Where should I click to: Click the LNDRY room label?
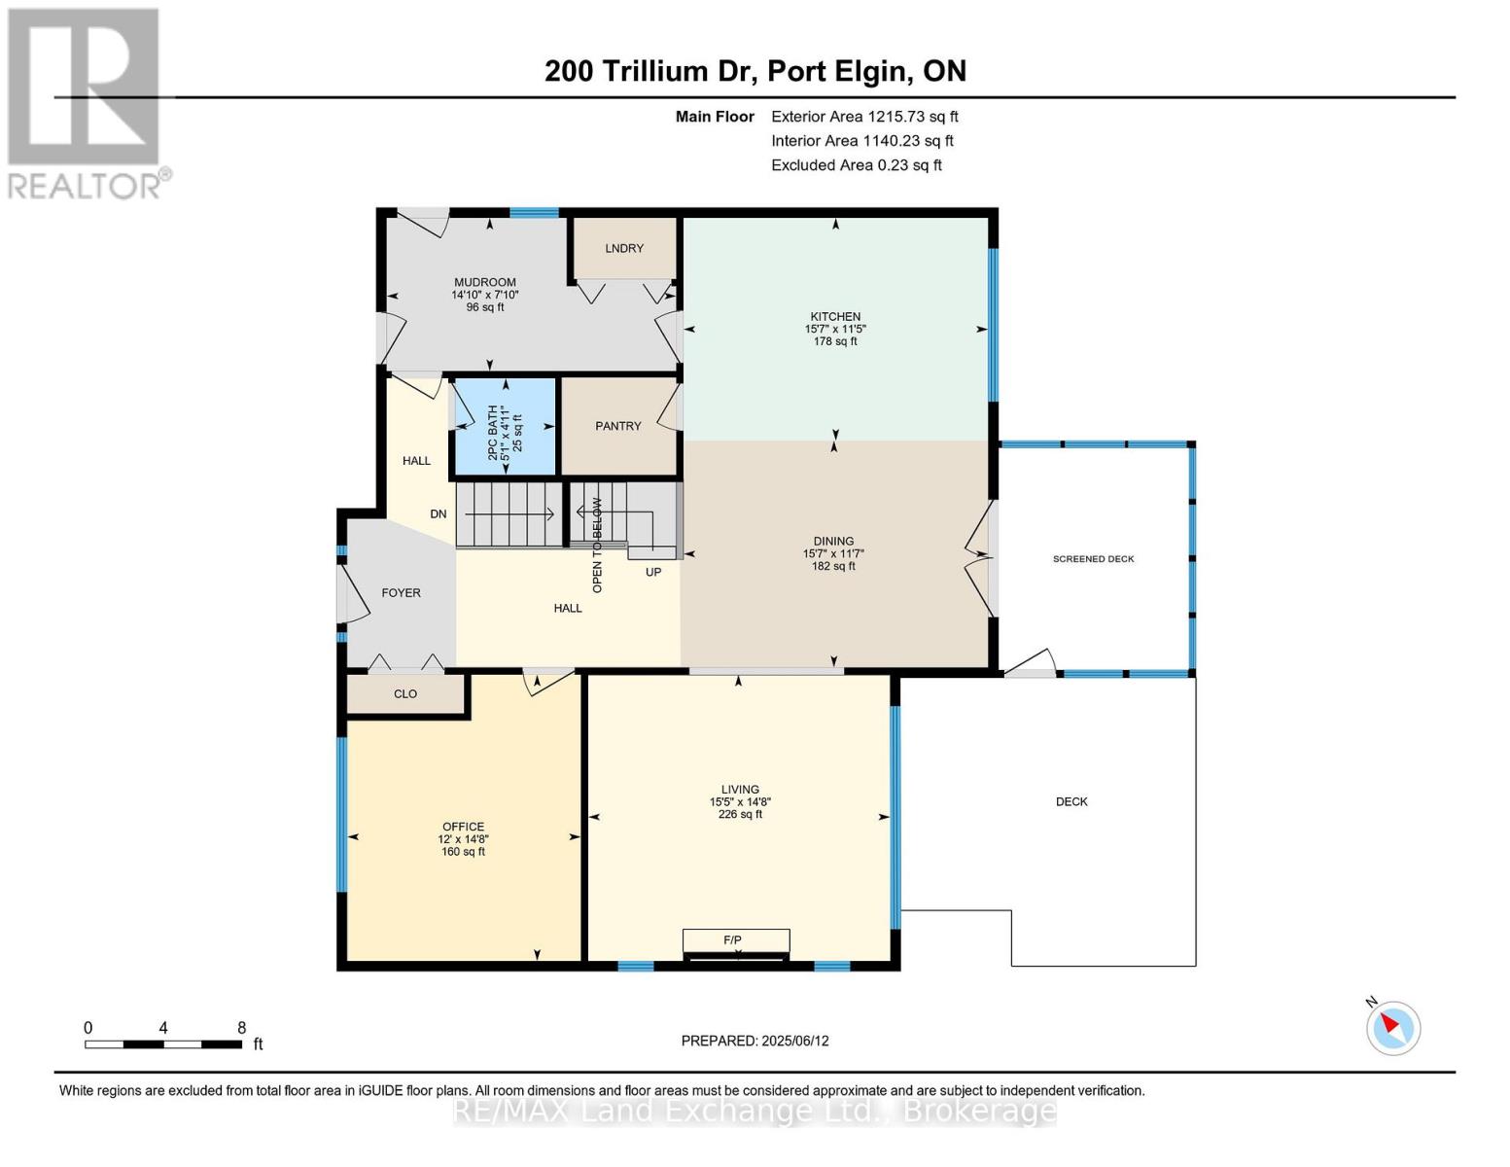623,248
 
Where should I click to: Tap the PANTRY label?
617,426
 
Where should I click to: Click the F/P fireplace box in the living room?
735,940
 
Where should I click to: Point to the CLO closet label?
405,694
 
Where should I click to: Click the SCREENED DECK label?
1093,559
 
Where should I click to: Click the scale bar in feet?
163,1044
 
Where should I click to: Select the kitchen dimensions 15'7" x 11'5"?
834,330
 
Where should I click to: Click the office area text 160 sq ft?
463,852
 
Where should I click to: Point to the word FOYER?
401,593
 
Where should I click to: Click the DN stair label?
439,514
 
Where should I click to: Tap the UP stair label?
653,573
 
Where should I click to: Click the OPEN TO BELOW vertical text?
597,546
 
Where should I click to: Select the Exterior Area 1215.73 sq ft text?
864,117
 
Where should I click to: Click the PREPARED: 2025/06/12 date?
755,1041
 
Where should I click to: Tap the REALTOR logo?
86,102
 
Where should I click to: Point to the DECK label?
1071,802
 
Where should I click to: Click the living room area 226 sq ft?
740,815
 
